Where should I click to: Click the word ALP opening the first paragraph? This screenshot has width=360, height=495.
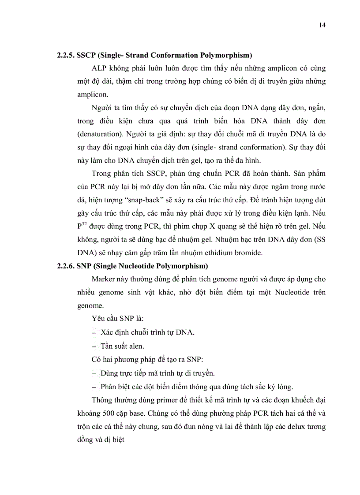click(x=100, y=69)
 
